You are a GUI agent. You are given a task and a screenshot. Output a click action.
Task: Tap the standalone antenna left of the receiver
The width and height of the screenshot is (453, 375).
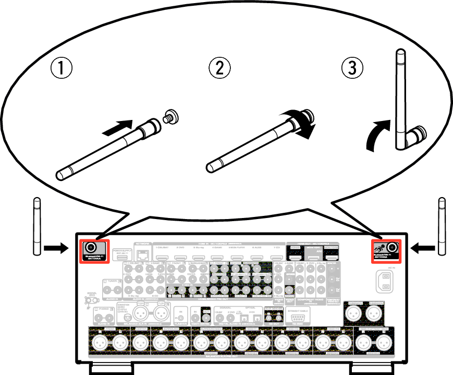click(x=36, y=226)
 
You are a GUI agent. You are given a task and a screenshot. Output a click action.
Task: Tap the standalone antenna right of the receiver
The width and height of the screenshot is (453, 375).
click(x=442, y=226)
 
